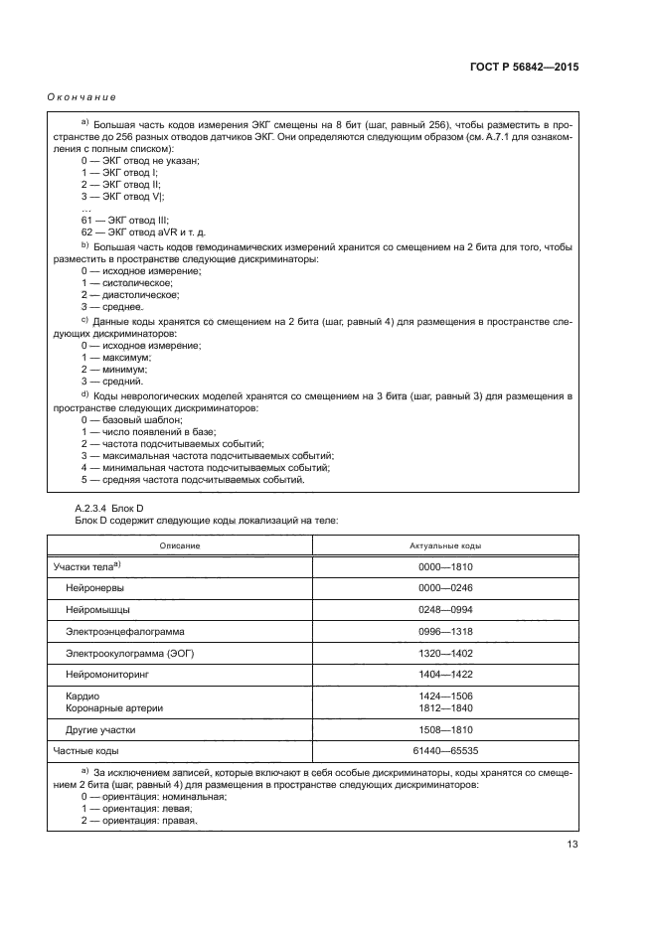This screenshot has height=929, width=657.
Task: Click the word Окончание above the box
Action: (x=82, y=97)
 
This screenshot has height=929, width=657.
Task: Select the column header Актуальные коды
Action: (x=445, y=545)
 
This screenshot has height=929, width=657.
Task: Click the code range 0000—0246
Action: (x=445, y=587)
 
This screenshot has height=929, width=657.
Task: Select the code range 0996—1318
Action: (x=445, y=631)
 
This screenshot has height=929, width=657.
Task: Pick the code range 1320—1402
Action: (x=445, y=653)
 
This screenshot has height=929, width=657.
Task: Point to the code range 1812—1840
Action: (x=445, y=707)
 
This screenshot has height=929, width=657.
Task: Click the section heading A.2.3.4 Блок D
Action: (x=110, y=509)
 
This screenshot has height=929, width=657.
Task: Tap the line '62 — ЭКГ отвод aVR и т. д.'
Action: (x=143, y=232)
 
